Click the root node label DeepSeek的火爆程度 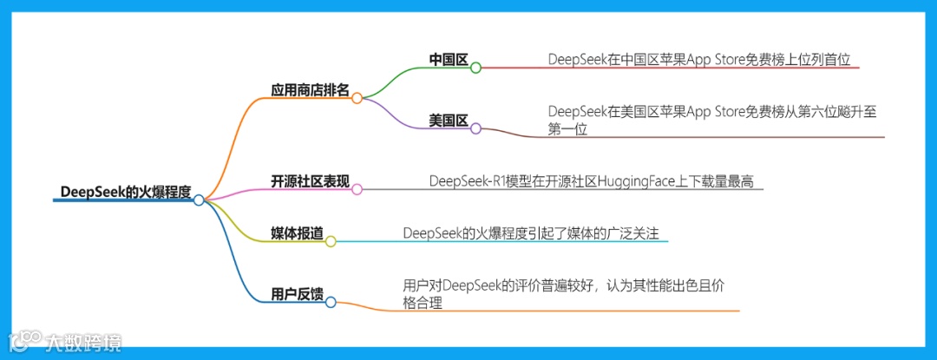[126, 193]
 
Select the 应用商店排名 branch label [311, 89]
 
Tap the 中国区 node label [449, 60]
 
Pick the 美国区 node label [449, 121]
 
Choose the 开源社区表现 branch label [311, 181]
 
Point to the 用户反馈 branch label [297, 293]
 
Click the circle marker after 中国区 [475, 67]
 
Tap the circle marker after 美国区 [475, 128]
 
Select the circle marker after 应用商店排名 [357, 98]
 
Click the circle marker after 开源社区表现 [357, 188]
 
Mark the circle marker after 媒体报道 [330, 241]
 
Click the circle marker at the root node [199, 200]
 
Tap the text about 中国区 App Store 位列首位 [705, 59]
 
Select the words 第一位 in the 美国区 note [567, 130]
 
